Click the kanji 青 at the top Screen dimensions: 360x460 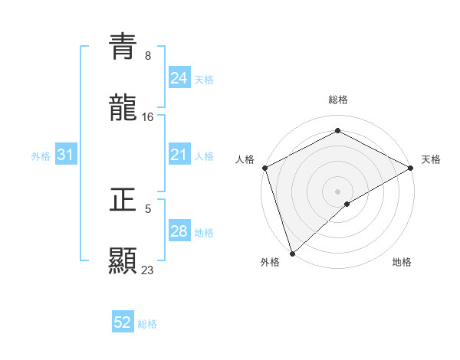coord(123,47)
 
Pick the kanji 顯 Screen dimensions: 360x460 coord(123,260)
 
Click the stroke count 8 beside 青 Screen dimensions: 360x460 coord(148,56)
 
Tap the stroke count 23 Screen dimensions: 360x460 coord(148,270)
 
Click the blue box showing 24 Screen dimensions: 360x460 coord(179,77)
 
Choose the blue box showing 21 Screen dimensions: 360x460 coord(179,155)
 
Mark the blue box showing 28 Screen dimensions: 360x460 coord(179,231)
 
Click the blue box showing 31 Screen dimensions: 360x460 coord(66,155)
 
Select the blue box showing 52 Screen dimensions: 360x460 coord(123,322)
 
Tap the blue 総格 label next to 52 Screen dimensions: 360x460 coord(147,324)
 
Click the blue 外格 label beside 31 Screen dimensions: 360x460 coord(41,156)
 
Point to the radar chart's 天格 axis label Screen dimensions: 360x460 coord(431,159)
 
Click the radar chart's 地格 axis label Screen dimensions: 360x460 coord(402,262)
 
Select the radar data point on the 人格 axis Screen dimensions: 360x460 coord(264,168)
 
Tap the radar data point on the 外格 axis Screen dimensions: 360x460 coord(292,254)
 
